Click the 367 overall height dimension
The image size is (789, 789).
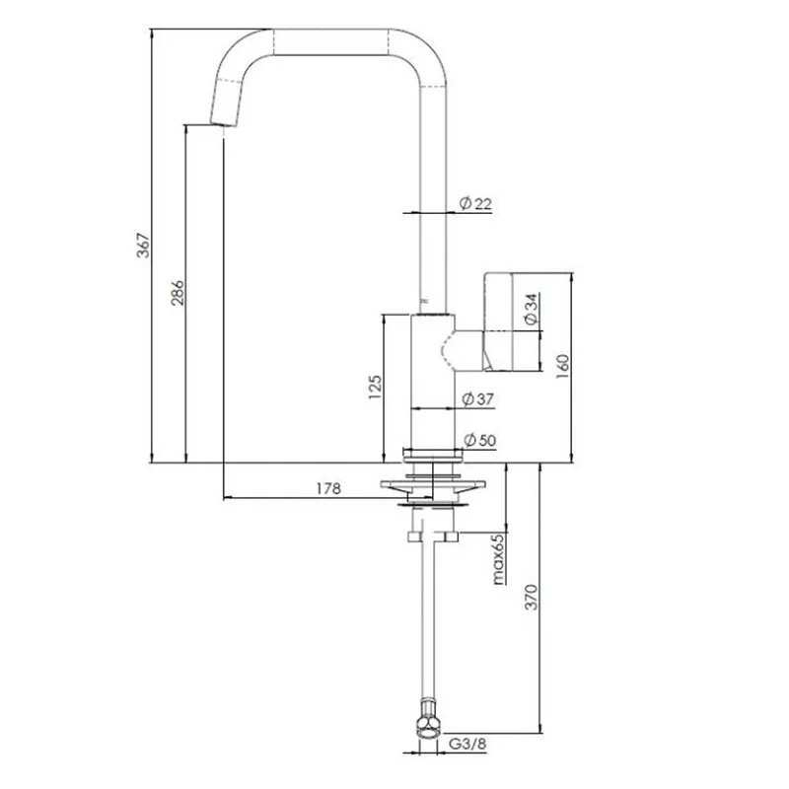[x=144, y=246]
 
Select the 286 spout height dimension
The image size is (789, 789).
[x=178, y=293]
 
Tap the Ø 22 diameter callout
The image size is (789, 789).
[x=475, y=203]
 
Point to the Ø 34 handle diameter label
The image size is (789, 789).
[x=531, y=309]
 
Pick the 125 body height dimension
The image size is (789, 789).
[x=375, y=387]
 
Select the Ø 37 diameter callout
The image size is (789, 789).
[x=478, y=399]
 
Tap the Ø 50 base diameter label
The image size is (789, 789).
[x=479, y=440]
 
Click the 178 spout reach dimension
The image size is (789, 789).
[x=328, y=488]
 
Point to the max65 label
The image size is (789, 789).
[x=498, y=559]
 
